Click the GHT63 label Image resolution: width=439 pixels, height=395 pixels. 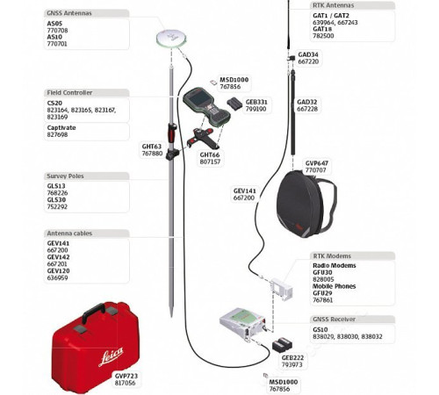coord(152,147)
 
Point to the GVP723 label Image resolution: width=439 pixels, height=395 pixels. coord(126,374)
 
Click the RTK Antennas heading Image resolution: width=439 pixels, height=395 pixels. coord(333,5)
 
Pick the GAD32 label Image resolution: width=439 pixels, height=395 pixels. coord(307,102)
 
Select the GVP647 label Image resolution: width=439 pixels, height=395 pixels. coord(316,162)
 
